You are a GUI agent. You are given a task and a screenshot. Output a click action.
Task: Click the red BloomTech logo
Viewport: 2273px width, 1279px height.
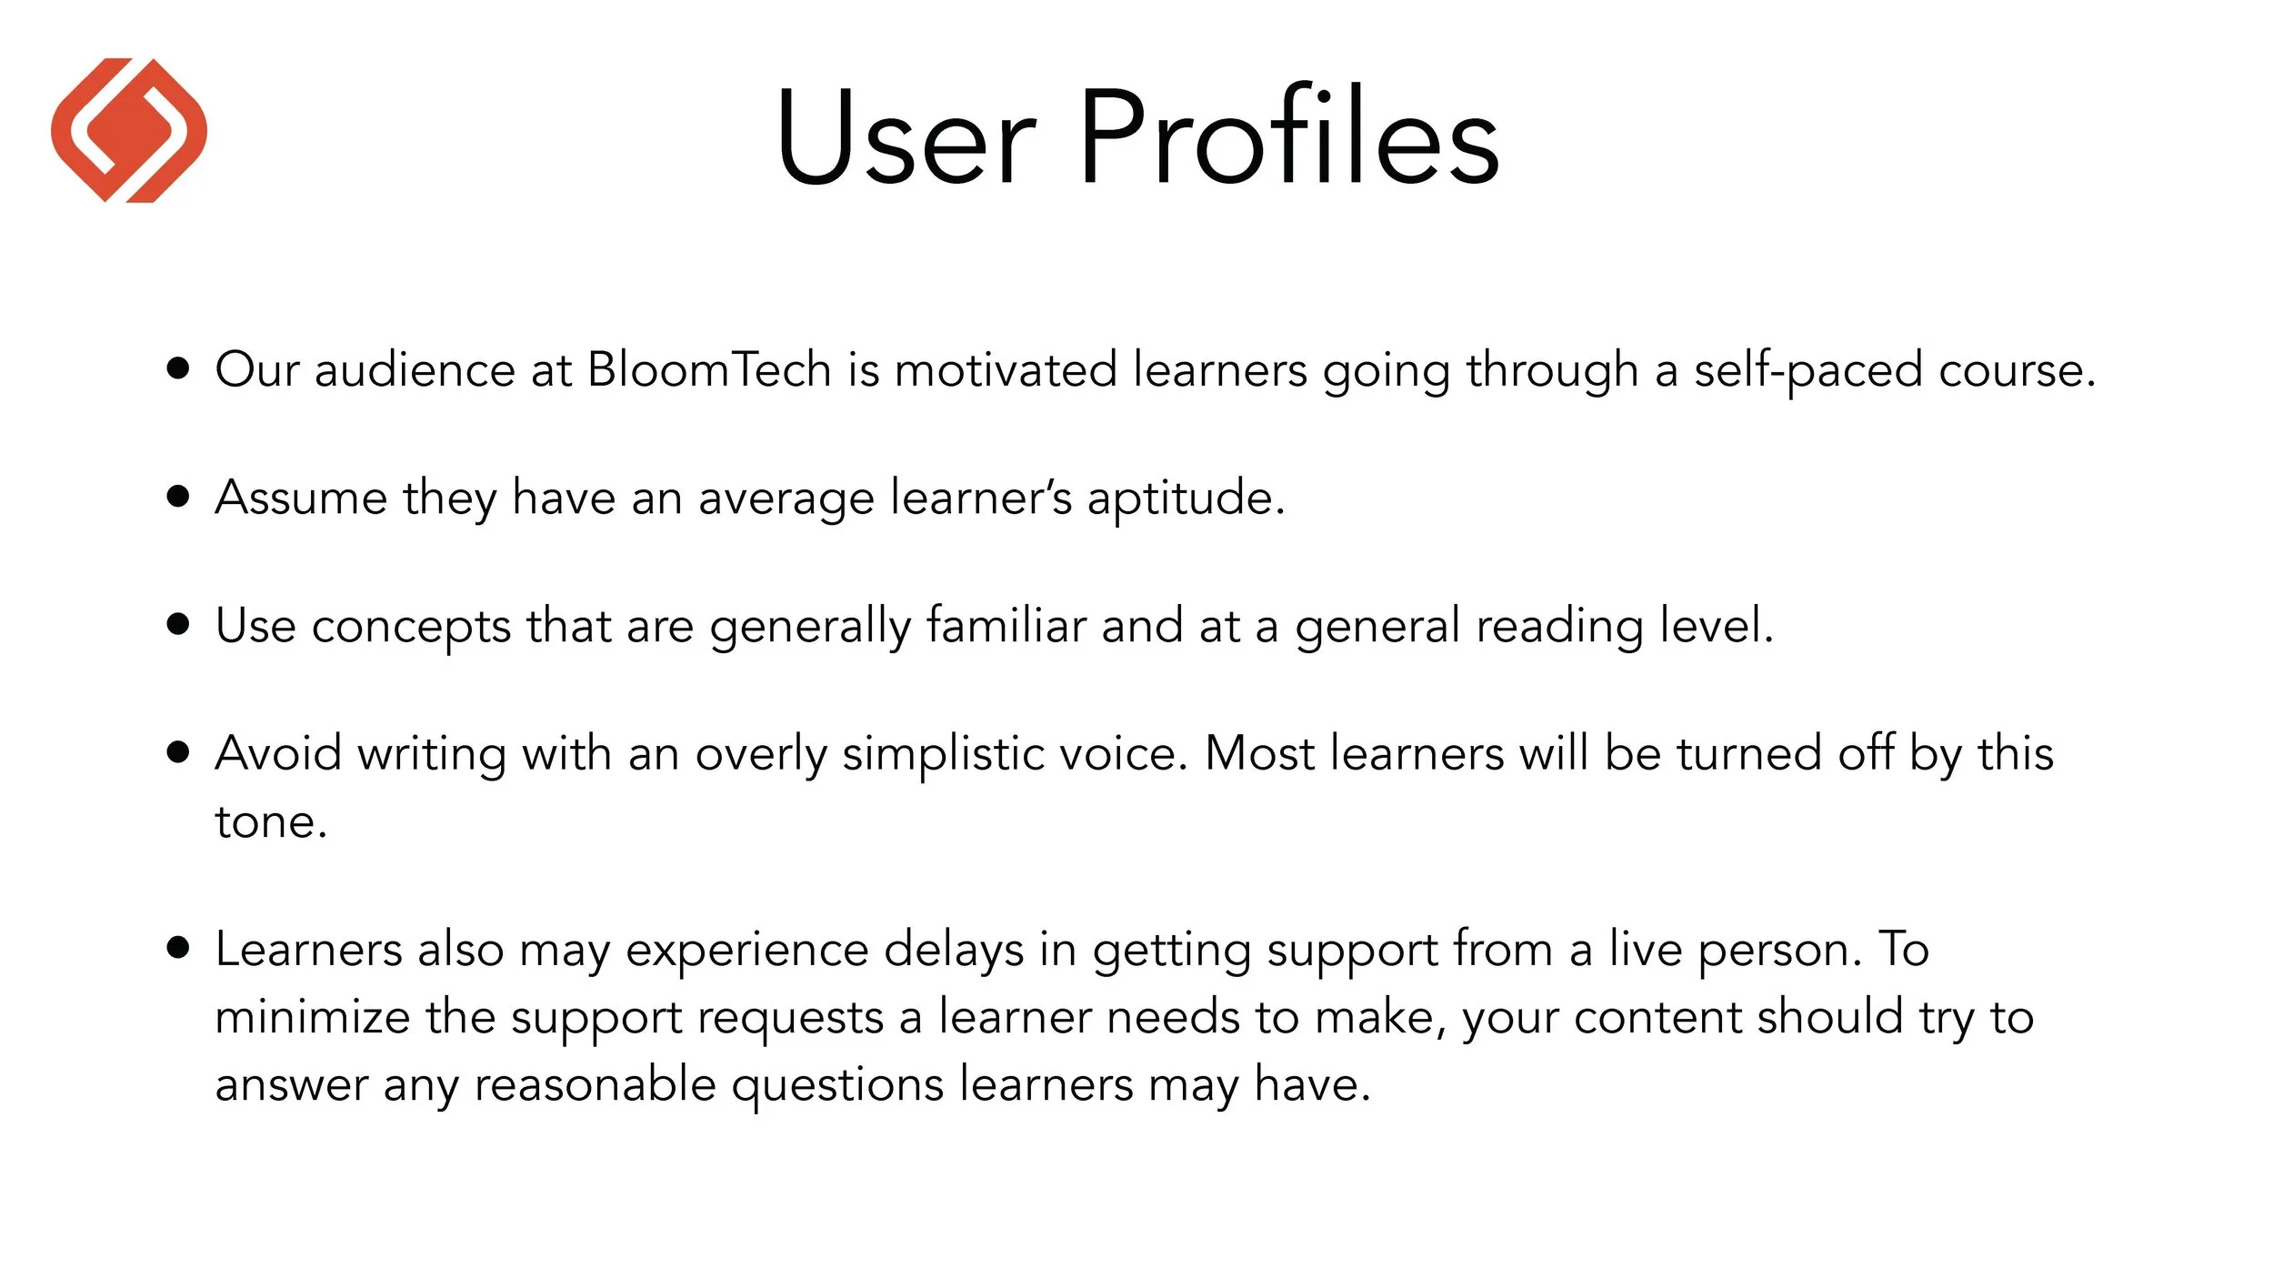tap(129, 130)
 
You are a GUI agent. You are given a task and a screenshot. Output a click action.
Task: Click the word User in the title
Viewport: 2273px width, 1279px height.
tap(905, 136)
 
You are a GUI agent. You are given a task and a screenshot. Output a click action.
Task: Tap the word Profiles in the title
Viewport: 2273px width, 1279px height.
tap(1289, 136)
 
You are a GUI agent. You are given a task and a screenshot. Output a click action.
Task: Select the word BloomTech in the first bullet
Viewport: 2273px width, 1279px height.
tap(709, 370)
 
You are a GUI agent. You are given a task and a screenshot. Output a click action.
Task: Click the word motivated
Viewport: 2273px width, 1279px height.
tap(1006, 370)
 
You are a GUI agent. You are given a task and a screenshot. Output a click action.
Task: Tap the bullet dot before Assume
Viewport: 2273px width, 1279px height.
tap(179, 497)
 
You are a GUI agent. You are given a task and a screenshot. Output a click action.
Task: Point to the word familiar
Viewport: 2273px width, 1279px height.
tap(1006, 626)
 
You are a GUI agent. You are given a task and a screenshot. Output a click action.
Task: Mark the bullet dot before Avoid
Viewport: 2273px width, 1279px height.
tap(179, 752)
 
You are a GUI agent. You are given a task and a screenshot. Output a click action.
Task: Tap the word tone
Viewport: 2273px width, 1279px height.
tap(270, 822)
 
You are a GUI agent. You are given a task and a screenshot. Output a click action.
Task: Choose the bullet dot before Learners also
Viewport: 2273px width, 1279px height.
tap(179, 948)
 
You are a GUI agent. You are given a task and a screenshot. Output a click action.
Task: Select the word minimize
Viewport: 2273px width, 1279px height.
tap(312, 1017)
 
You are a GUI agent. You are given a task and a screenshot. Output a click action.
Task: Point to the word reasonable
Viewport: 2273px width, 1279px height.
tap(595, 1085)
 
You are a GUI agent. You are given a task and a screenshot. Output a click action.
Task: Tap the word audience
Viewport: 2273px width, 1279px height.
tap(415, 370)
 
